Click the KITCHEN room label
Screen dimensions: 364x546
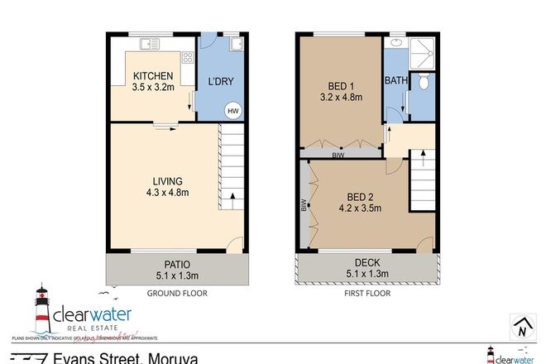tap(153, 77)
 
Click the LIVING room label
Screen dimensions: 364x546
tap(167, 181)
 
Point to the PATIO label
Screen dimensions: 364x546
tap(177, 264)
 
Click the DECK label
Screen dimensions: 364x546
tap(365, 264)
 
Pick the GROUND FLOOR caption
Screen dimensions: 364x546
tap(177, 293)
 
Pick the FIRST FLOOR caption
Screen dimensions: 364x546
tap(365, 293)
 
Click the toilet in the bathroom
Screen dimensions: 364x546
tap(423, 81)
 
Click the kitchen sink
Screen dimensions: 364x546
tap(150, 43)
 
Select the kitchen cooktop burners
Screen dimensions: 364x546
tap(187, 58)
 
